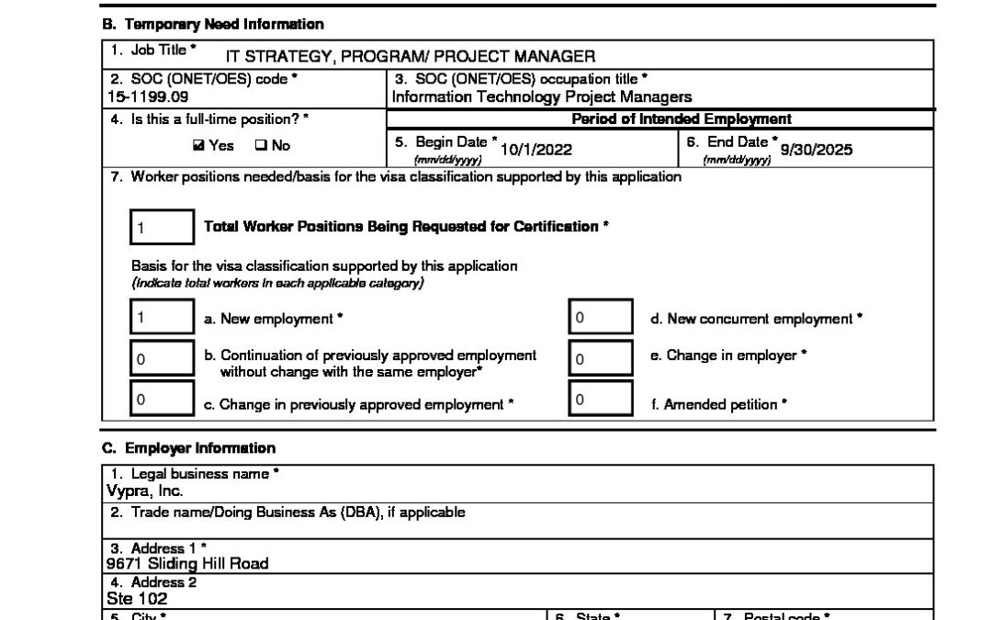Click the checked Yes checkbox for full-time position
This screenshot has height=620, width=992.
(198, 146)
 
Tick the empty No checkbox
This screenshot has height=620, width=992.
(259, 146)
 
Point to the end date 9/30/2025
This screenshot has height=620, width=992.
(816, 150)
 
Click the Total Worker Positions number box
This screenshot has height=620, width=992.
(162, 226)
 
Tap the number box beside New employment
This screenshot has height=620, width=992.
(162, 319)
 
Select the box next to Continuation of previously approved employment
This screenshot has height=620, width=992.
(162, 359)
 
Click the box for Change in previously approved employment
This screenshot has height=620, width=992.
(162, 400)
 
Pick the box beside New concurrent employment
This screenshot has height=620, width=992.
(600, 319)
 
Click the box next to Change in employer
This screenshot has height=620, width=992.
(600, 359)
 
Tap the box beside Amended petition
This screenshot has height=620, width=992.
(600, 400)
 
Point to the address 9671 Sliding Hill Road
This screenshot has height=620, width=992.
(187, 563)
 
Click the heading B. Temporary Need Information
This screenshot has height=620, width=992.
(212, 24)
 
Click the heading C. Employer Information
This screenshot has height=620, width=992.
(188, 448)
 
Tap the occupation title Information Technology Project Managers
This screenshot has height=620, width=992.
(542, 96)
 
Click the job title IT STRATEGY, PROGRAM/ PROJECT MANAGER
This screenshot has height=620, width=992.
(404, 57)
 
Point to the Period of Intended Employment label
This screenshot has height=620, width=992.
(682, 119)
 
